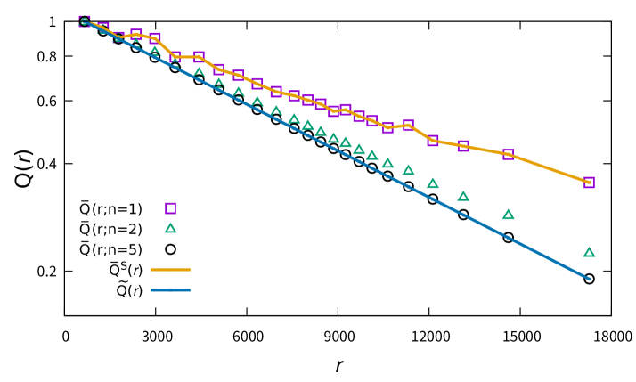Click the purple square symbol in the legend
point(170,208)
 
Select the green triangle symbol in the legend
point(170,228)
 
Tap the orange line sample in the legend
point(170,269)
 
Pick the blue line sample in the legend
point(170,289)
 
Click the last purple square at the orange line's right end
point(589,183)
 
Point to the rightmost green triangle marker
point(589,252)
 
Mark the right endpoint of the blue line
point(589,279)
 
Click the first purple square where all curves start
point(85,21)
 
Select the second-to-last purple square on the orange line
point(508,154)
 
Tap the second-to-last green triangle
point(508,215)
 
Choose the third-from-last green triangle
point(463,196)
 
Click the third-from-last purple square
point(463,146)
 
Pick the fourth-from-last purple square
point(433,141)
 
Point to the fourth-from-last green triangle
point(433,183)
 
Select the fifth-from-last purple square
point(408,126)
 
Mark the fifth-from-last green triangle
point(408,170)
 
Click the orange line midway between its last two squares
point(549,167)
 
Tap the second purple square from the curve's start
point(102,28)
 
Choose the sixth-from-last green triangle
point(387,163)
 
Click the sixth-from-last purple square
point(387,127)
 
